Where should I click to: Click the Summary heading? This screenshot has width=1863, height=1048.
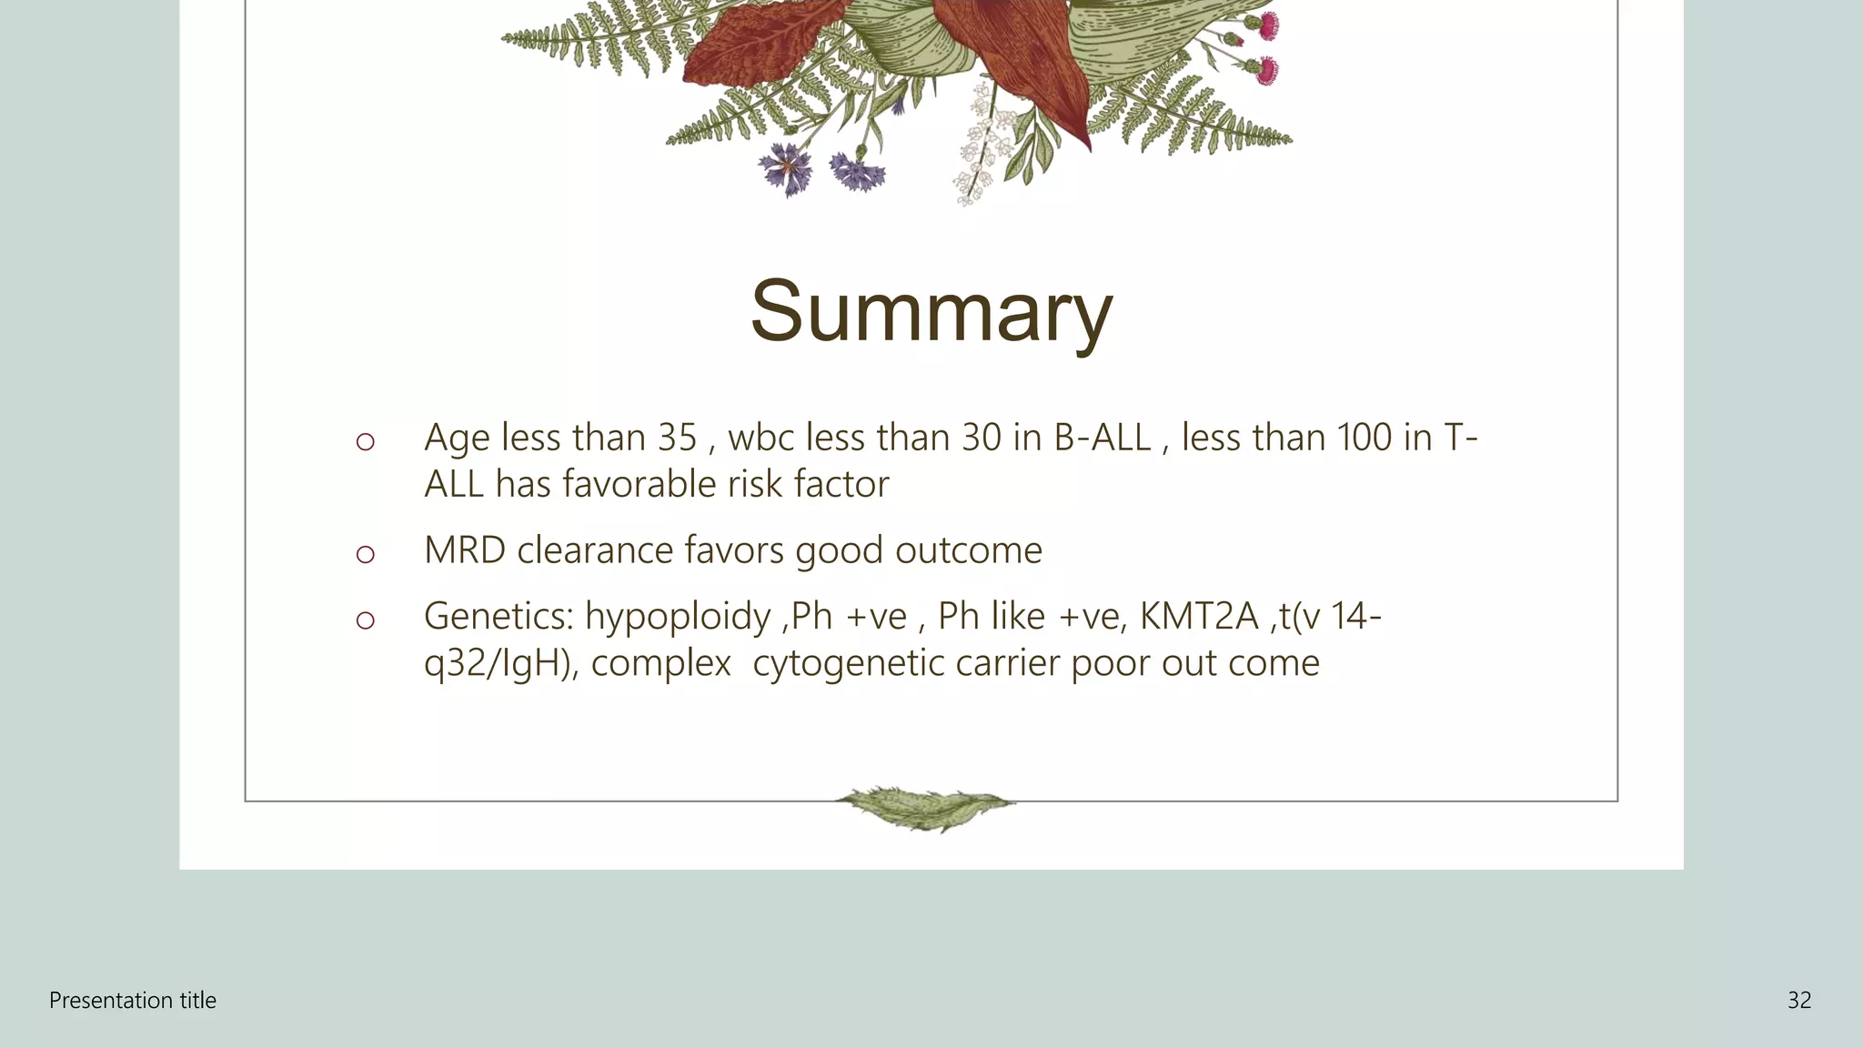(931, 311)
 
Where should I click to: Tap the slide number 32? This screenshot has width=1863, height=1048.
(1798, 1001)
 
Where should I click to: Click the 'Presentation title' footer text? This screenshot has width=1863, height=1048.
(133, 1001)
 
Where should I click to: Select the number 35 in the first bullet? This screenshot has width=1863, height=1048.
(677, 438)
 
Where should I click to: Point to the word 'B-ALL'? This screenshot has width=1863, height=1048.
(1102, 438)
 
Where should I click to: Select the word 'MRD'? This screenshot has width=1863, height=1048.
(464, 551)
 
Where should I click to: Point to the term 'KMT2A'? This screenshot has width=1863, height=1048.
(1198, 617)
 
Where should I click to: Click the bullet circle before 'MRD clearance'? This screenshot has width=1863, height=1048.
(365, 554)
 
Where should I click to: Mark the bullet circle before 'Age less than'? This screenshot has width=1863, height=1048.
(365, 442)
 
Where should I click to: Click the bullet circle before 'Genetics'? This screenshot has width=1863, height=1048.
(365, 620)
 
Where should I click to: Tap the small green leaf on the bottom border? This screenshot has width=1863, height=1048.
(925, 807)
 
